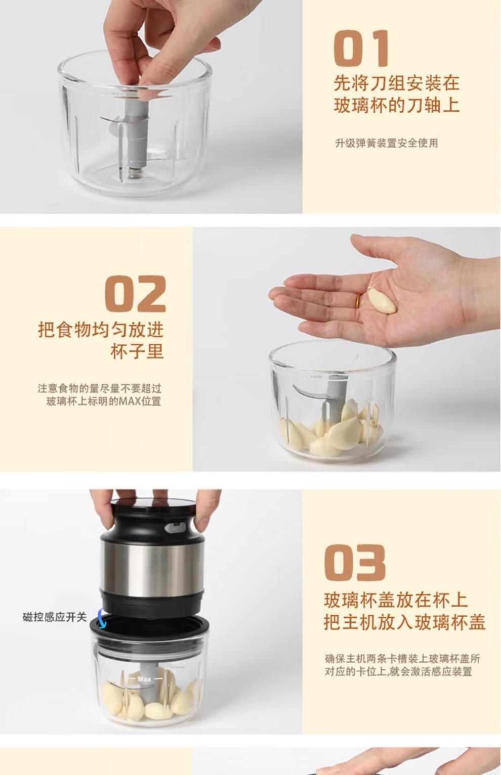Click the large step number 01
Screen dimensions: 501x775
361,48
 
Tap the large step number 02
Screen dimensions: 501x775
136,294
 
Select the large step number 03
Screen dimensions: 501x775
355,562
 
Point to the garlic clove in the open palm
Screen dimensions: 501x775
382,300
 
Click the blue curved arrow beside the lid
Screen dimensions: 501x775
101,618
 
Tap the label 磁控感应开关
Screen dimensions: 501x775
54,617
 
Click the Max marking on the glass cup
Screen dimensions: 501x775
144,679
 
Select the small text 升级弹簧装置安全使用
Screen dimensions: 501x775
387,143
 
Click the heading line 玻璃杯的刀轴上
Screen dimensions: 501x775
397,105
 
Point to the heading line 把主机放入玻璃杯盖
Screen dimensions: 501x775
404,622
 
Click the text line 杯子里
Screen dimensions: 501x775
137,351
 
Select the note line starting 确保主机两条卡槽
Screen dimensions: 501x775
402,658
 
